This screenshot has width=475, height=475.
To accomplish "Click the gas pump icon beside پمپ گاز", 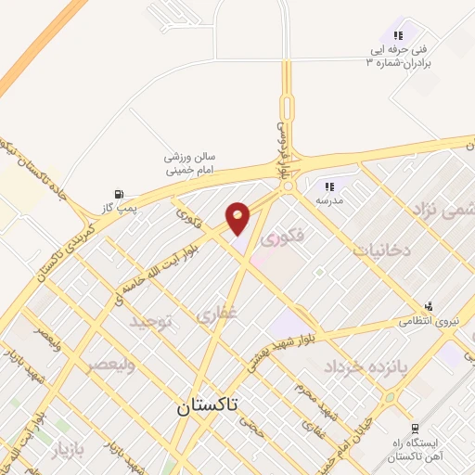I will (x=118, y=194).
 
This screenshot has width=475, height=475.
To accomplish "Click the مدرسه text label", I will (x=329, y=200).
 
